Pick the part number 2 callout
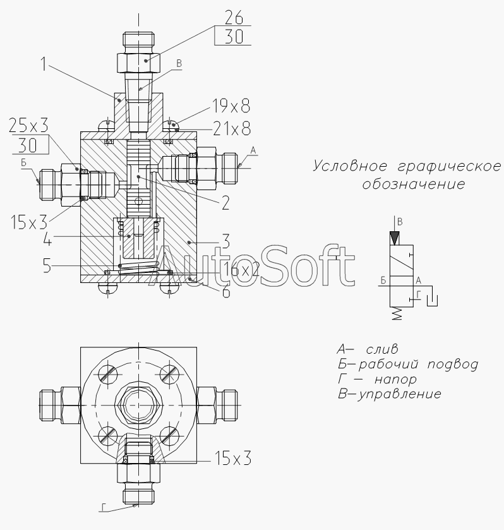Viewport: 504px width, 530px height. (x=225, y=203)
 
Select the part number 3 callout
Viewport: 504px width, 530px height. (x=225, y=241)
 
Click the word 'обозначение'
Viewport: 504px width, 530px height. (x=413, y=184)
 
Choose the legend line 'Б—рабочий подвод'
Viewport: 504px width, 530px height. (x=407, y=364)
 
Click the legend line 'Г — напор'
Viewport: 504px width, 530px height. (x=377, y=380)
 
